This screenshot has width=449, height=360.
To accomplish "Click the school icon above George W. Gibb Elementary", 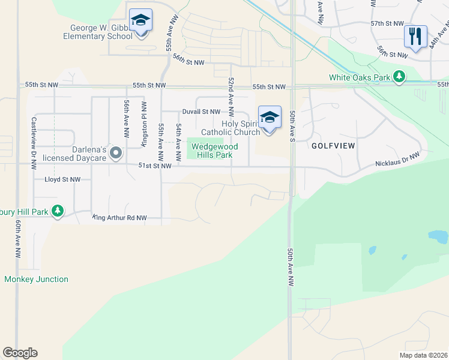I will coord(140,21).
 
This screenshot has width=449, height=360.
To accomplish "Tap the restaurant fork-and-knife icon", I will coord(415,37).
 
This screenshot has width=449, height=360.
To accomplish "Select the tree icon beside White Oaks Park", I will coord(399,77).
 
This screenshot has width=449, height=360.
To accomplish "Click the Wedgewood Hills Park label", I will coord(214,151).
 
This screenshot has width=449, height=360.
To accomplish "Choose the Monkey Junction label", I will coord(36,279).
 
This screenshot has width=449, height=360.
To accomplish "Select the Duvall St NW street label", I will coord(201,112).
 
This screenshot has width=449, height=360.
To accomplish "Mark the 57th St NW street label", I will coord(387,23).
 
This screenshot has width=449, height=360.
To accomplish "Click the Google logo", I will coord(20,353).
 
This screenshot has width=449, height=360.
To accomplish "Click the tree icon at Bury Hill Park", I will coord(58,211).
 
